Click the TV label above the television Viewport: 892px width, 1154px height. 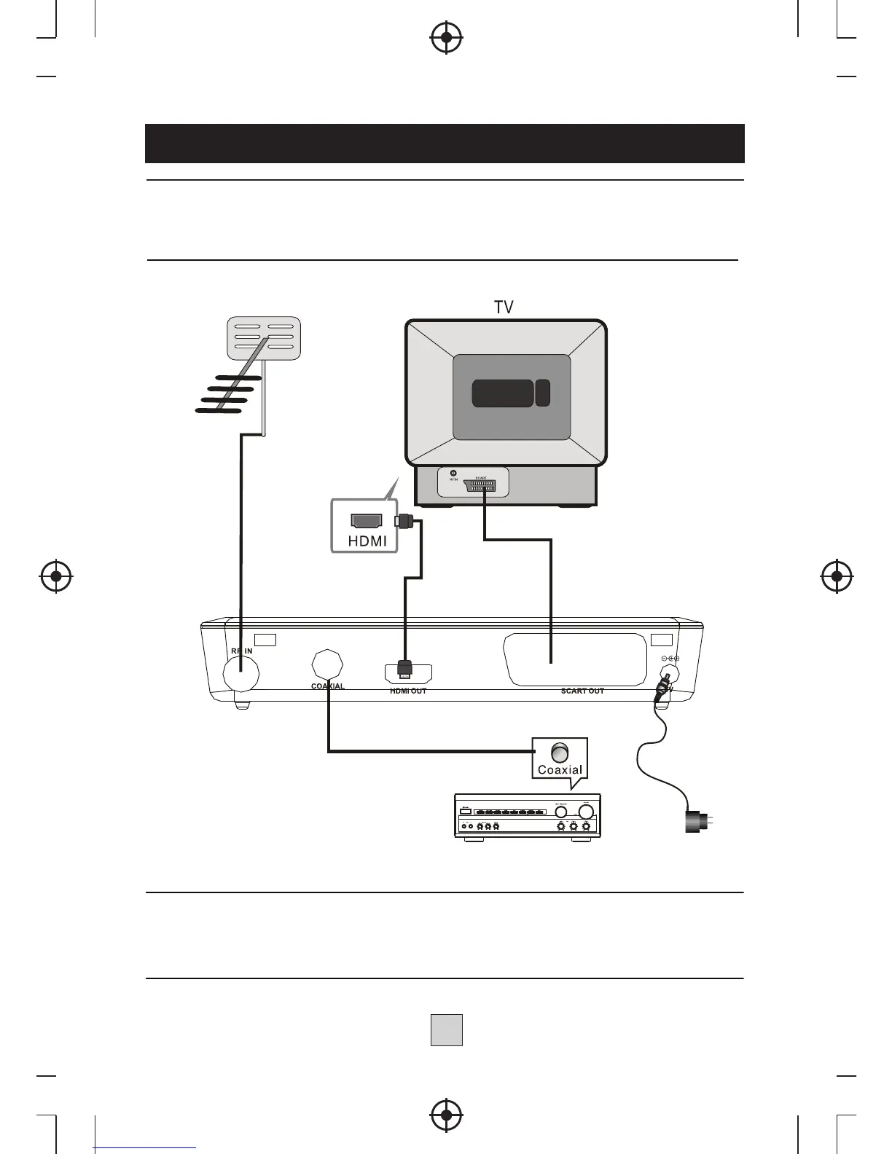504,307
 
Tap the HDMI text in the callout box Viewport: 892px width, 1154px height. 367,541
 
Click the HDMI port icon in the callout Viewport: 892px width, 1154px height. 367,520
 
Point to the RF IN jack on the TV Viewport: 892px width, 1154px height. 453,474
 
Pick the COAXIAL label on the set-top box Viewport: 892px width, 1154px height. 327,686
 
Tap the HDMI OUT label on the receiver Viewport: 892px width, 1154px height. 408,691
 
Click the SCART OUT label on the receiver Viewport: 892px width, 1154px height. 582,691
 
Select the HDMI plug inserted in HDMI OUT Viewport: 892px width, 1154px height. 404,668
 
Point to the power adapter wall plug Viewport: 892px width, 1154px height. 693,821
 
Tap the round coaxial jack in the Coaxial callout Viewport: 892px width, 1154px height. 560,752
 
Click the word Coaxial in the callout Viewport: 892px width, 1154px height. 560,770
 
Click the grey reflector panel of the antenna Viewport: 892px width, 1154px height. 264,337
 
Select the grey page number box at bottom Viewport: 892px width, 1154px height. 446,1030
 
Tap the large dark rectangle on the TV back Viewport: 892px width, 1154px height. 502,393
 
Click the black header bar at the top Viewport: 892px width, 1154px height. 445,144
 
